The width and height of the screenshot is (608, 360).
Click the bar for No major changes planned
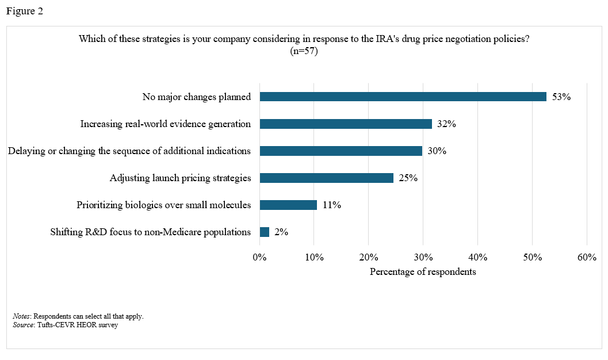click(x=403, y=97)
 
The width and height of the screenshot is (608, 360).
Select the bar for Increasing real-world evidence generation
click(x=346, y=124)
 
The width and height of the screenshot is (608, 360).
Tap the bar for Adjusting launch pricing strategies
click(x=326, y=178)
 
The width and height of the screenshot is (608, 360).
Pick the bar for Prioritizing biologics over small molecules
click(x=288, y=205)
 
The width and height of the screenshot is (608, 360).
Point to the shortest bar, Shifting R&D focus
click(x=265, y=232)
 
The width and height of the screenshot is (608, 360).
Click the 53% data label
click(x=561, y=97)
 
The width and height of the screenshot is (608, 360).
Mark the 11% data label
click(x=331, y=205)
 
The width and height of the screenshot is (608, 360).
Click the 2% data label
click(x=281, y=232)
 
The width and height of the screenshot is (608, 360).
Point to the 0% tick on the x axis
click(x=260, y=257)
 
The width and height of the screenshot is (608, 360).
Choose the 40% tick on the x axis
click(x=477, y=257)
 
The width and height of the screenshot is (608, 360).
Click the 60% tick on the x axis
click(x=586, y=257)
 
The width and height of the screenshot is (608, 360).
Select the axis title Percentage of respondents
click(x=423, y=271)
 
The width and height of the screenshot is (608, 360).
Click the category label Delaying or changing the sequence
click(x=129, y=151)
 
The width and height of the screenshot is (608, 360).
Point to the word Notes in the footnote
click(x=22, y=316)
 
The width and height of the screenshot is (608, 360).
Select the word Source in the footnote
click(x=23, y=325)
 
